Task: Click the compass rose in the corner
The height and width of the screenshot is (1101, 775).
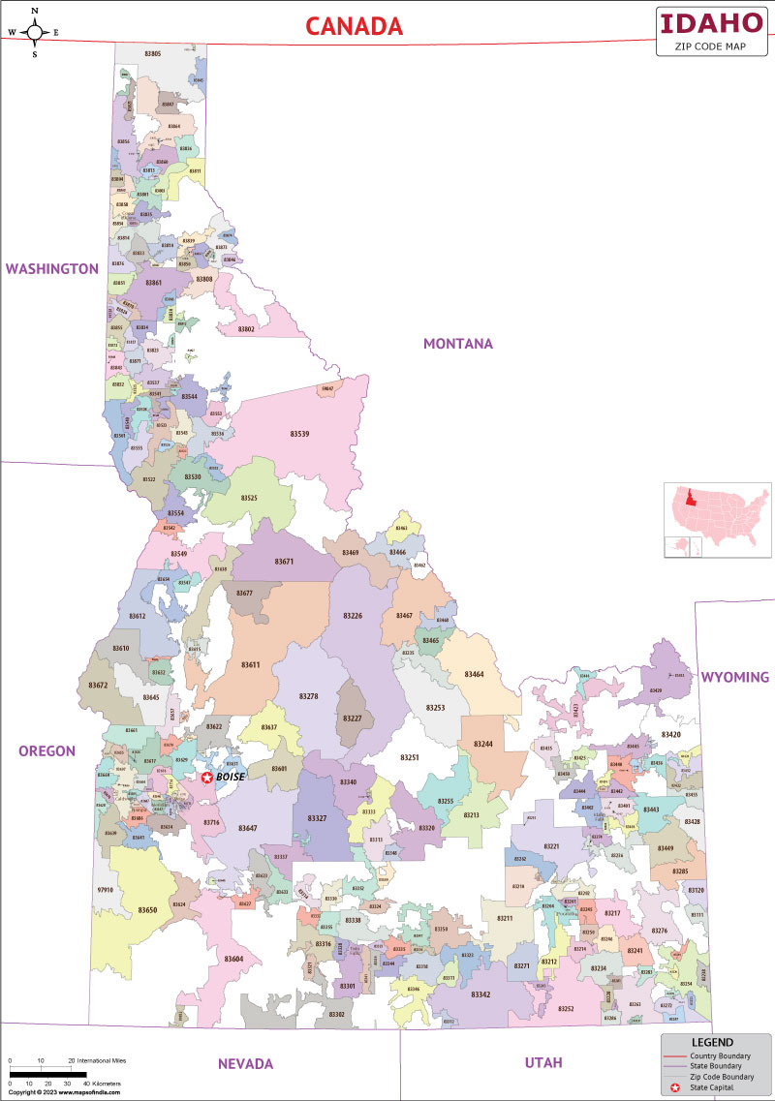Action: click(35, 32)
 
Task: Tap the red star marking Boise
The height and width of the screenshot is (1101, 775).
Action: click(206, 777)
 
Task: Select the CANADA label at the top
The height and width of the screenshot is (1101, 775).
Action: click(355, 26)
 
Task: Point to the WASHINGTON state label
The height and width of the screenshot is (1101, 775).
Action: click(52, 269)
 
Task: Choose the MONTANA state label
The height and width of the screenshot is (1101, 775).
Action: click(457, 344)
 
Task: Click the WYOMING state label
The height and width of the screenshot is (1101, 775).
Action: click(734, 677)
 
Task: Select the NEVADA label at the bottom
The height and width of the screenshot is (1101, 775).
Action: click(245, 1063)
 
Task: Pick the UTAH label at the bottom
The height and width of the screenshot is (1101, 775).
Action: click(542, 1063)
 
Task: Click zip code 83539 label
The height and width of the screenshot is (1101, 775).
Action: click(300, 434)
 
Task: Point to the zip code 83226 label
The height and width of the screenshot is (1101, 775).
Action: click(353, 616)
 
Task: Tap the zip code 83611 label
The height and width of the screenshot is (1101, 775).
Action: click(250, 665)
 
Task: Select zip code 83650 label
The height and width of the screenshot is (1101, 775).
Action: click(147, 910)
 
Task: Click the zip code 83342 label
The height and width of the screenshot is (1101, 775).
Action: click(480, 995)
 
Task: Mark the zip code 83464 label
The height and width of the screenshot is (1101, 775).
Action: click(474, 674)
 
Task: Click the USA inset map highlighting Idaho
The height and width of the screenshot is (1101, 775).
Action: click(716, 519)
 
